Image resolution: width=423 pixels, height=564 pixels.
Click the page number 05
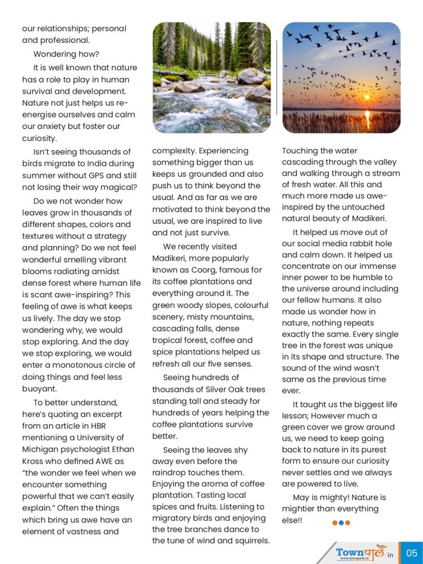(411, 553)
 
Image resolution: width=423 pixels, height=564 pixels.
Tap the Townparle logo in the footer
(361, 553)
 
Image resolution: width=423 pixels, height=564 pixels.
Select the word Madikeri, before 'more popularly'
(171, 258)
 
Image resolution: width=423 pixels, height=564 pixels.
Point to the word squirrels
(250, 540)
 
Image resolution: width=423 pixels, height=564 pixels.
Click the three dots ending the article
(341, 523)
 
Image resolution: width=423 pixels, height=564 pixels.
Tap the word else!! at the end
(292, 520)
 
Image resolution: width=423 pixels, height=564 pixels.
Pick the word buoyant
(39, 389)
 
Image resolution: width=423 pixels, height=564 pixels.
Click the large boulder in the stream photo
(251, 77)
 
